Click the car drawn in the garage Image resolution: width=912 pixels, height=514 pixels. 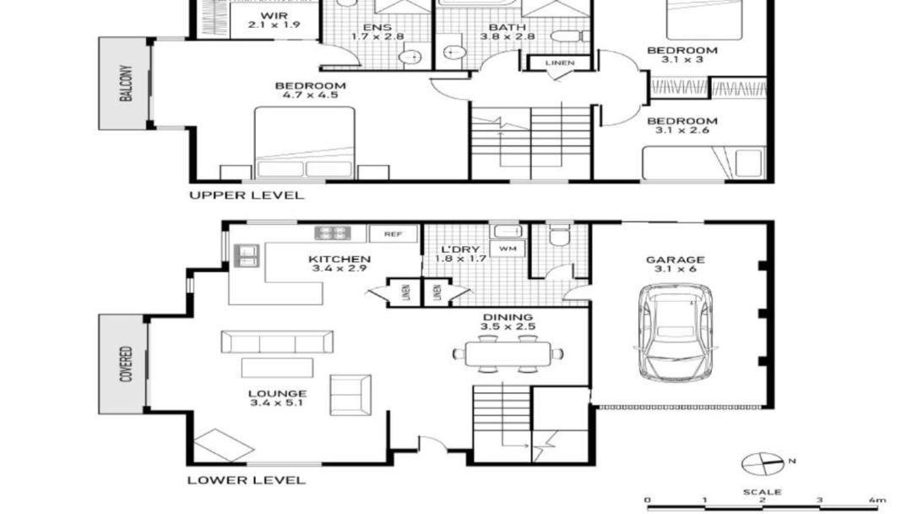[x=675, y=333]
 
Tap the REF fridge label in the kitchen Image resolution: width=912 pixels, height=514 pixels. [x=394, y=234]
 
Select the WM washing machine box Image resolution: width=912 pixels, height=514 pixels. [x=508, y=249]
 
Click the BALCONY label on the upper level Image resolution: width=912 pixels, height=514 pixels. [x=126, y=83]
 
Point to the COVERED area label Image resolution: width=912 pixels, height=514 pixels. [x=126, y=364]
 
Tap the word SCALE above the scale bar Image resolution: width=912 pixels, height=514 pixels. [x=762, y=492]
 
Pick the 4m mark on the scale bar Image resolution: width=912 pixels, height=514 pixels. [x=877, y=500]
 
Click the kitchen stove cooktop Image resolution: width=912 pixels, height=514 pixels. [x=333, y=232]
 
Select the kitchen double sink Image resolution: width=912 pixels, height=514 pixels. [x=246, y=255]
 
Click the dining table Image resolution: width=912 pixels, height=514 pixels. [x=508, y=354]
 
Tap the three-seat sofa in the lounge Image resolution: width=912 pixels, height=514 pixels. [x=277, y=342]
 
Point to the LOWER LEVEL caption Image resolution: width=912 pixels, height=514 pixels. [x=246, y=480]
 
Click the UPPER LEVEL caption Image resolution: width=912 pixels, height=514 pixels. [x=247, y=195]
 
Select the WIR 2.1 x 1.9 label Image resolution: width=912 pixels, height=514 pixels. [x=274, y=20]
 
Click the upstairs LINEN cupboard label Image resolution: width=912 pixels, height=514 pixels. [x=560, y=63]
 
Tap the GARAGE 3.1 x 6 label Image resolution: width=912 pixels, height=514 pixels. [x=676, y=265]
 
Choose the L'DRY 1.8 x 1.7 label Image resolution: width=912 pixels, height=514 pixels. [x=460, y=254]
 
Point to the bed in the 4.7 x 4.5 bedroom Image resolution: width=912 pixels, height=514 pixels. [x=305, y=143]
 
